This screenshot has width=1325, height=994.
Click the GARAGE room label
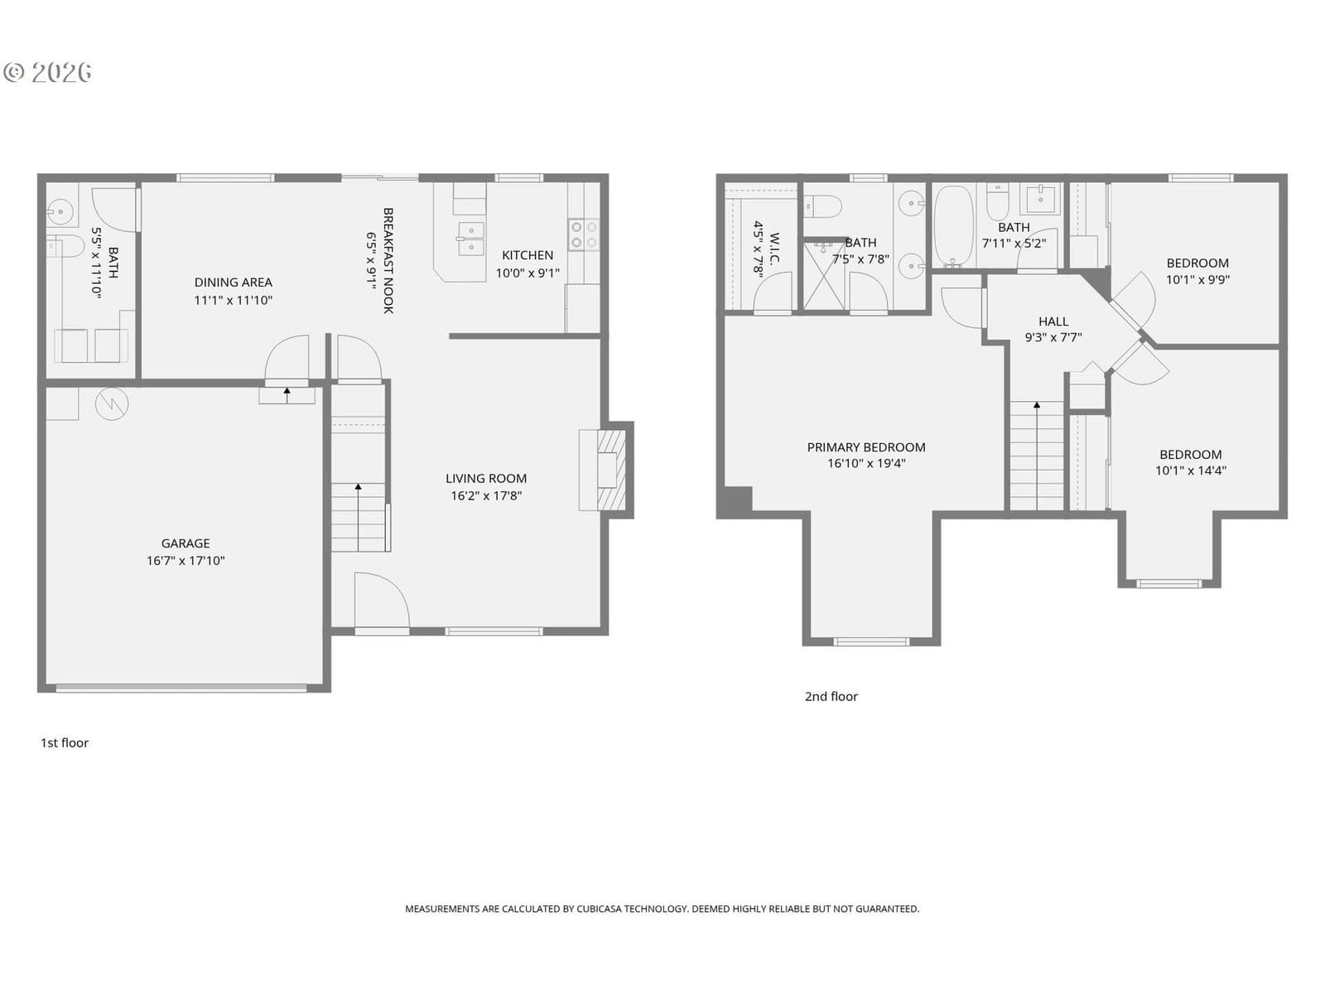tap(185, 543)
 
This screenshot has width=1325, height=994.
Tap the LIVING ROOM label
tap(486, 479)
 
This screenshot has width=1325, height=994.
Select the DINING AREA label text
tap(233, 282)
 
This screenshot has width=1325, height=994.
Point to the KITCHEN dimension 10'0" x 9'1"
tap(528, 273)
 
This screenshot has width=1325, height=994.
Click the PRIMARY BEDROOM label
tap(866, 447)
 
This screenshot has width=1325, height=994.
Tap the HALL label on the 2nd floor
tap(1053, 321)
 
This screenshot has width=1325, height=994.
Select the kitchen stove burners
tap(584, 234)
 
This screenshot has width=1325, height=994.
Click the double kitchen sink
tap(470, 239)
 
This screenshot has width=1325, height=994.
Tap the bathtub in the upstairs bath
tap(954, 225)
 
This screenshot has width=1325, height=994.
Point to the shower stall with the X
tap(824, 276)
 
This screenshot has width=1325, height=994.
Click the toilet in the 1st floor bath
tap(65, 246)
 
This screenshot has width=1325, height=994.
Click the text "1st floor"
tap(65, 743)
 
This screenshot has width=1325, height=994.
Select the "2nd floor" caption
tap(831, 697)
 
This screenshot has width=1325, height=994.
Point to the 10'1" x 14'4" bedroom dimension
tap(1191, 470)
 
